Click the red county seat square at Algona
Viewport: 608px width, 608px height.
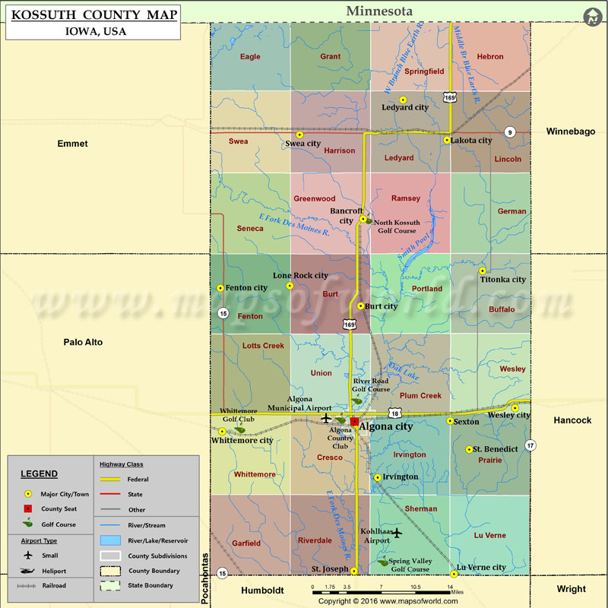354,420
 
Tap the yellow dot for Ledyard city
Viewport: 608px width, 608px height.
404,100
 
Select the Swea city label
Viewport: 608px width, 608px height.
302,144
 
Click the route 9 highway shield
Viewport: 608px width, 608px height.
510,132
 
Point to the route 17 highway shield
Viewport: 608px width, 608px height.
530,445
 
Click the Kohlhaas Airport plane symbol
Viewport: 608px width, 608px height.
396,533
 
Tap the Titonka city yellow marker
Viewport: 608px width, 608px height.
482,271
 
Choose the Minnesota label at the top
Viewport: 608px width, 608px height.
379,11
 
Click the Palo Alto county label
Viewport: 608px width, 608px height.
83,342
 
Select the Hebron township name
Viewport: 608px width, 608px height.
489,56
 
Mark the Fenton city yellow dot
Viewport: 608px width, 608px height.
220,288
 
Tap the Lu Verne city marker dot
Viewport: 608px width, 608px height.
454,574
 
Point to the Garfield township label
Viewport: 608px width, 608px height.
246,543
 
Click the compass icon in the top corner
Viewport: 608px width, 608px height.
592,15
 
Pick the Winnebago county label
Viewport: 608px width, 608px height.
570,131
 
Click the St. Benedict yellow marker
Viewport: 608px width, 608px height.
469,449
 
